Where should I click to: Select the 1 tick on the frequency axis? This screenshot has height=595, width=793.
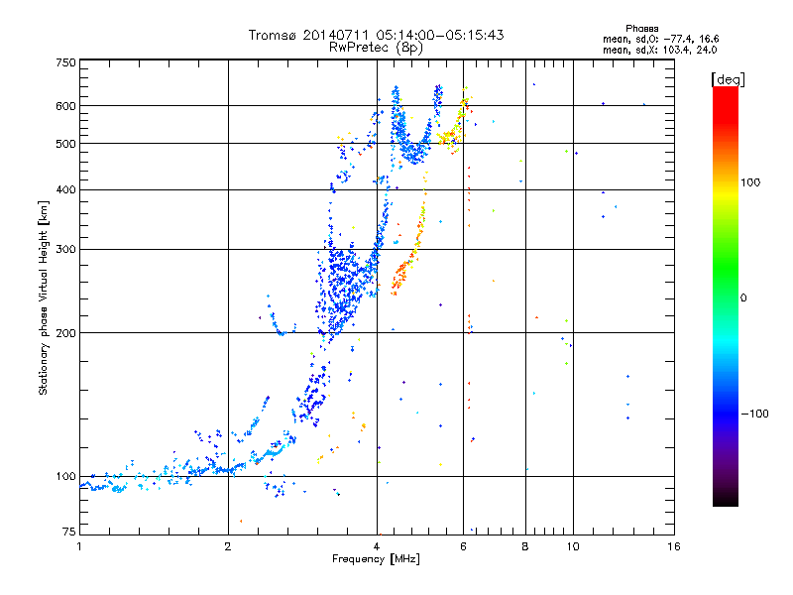tap(80, 545)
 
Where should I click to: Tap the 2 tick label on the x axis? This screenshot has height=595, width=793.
tap(228, 545)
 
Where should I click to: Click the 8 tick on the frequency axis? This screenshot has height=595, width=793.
tap(525, 545)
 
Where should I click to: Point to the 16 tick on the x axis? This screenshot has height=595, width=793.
tap(673, 545)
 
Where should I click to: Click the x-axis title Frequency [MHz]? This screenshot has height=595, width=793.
tap(377, 559)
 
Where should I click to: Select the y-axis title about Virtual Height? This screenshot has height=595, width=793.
tap(44, 297)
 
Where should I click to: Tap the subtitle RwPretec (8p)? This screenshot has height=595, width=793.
tap(377, 47)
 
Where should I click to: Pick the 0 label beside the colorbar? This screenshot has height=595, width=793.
tap(744, 297)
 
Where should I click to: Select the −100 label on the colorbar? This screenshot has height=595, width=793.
tap(754, 414)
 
